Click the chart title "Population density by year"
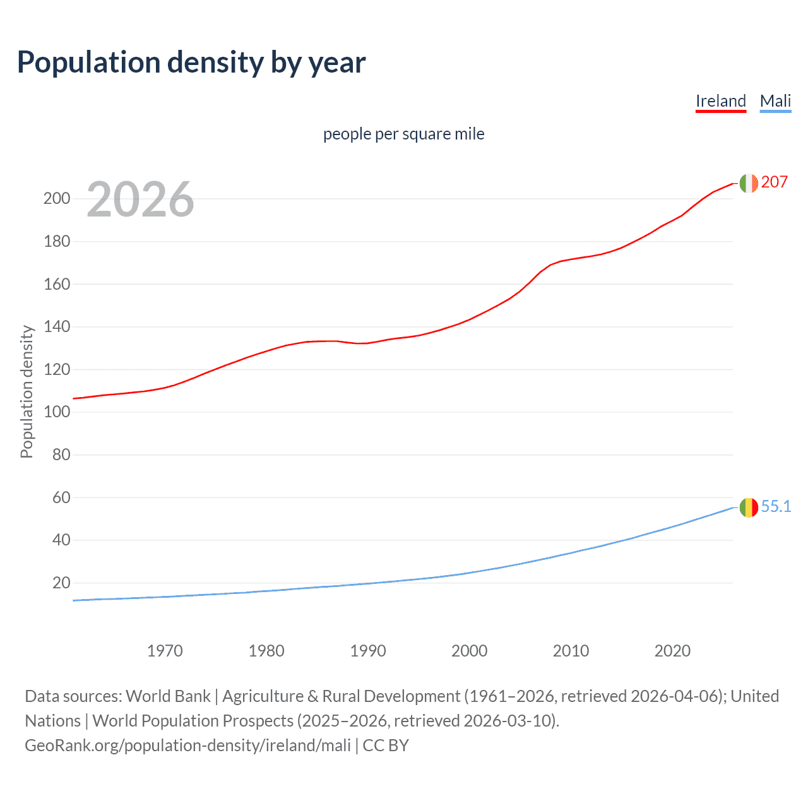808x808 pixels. pyautogui.click(x=191, y=62)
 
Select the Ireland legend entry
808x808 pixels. pyautogui.click(x=720, y=101)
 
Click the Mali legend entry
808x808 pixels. pyautogui.click(x=775, y=101)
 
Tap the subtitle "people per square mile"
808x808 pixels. pyautogui.click(x=403, y=134)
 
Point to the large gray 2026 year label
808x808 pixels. pyautogui.click(x=140, y=199)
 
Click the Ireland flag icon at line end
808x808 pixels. pyautogui.click(x=748, y=183)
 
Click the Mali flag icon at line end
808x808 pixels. pyautogui.click(x=748, y=507)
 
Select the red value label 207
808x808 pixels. pyautogui.click(x=774, y=182)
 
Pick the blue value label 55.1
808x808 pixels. pyautogui.click(x=776, y=506)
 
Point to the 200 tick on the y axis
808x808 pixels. pyautogui.click(x=57, y=198)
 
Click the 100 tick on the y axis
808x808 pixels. pyautogui.click(x=57, y=412)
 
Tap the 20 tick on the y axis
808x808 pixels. pyautogui.click(x=61, y=583)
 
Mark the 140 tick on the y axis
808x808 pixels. pyautogui.click(x=57, y=326)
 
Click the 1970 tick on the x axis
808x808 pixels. pyautogui.click(x=165, y=651)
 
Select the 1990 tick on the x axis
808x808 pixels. pyautogui.click(x=368, y=651)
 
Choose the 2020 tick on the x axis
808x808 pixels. pyautogui.click(x=672, y=651)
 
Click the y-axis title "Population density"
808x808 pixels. pyautogui.click(x=27, y=391)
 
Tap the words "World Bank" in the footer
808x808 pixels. pyautogui.click(x=168, y=696)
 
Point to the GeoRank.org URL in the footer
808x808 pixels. pyautogui.click(x=187, y=745)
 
